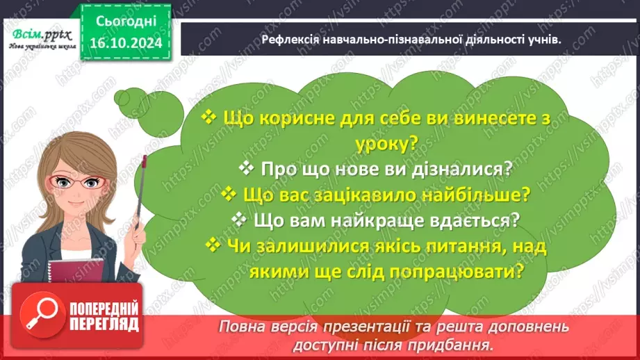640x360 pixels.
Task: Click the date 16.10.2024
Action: (125, 43)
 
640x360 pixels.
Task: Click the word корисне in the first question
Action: (284, 118)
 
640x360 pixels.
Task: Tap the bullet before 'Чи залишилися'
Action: (211, 245)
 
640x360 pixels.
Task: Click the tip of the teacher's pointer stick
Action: (145, 159)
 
